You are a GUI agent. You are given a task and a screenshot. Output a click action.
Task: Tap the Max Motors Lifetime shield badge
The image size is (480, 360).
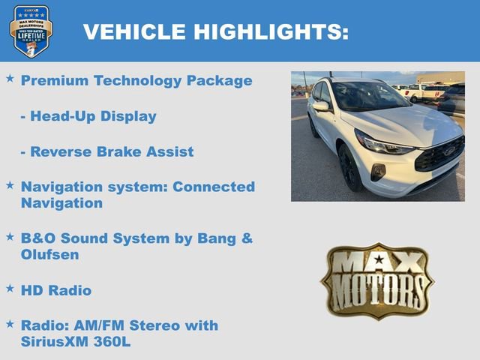coord(31,31)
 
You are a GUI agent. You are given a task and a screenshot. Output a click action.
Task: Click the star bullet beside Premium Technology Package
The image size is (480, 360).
coord(10,78)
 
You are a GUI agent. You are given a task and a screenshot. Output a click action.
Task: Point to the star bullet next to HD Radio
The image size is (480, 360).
coord(10,287)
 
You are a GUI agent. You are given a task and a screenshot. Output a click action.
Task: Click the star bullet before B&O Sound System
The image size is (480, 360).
coord(10,236)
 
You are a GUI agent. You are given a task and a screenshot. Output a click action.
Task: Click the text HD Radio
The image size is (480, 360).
coord(56,290)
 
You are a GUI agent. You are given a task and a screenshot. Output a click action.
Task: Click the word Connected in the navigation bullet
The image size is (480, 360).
coord(214,187)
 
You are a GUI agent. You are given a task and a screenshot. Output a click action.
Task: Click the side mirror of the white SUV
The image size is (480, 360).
coord(321,107)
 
